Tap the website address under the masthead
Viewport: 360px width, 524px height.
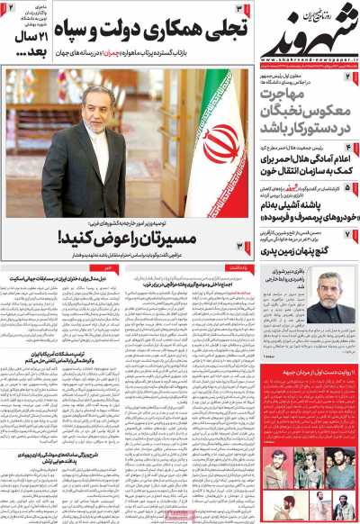pyautogui.click(x=305, y=59)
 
